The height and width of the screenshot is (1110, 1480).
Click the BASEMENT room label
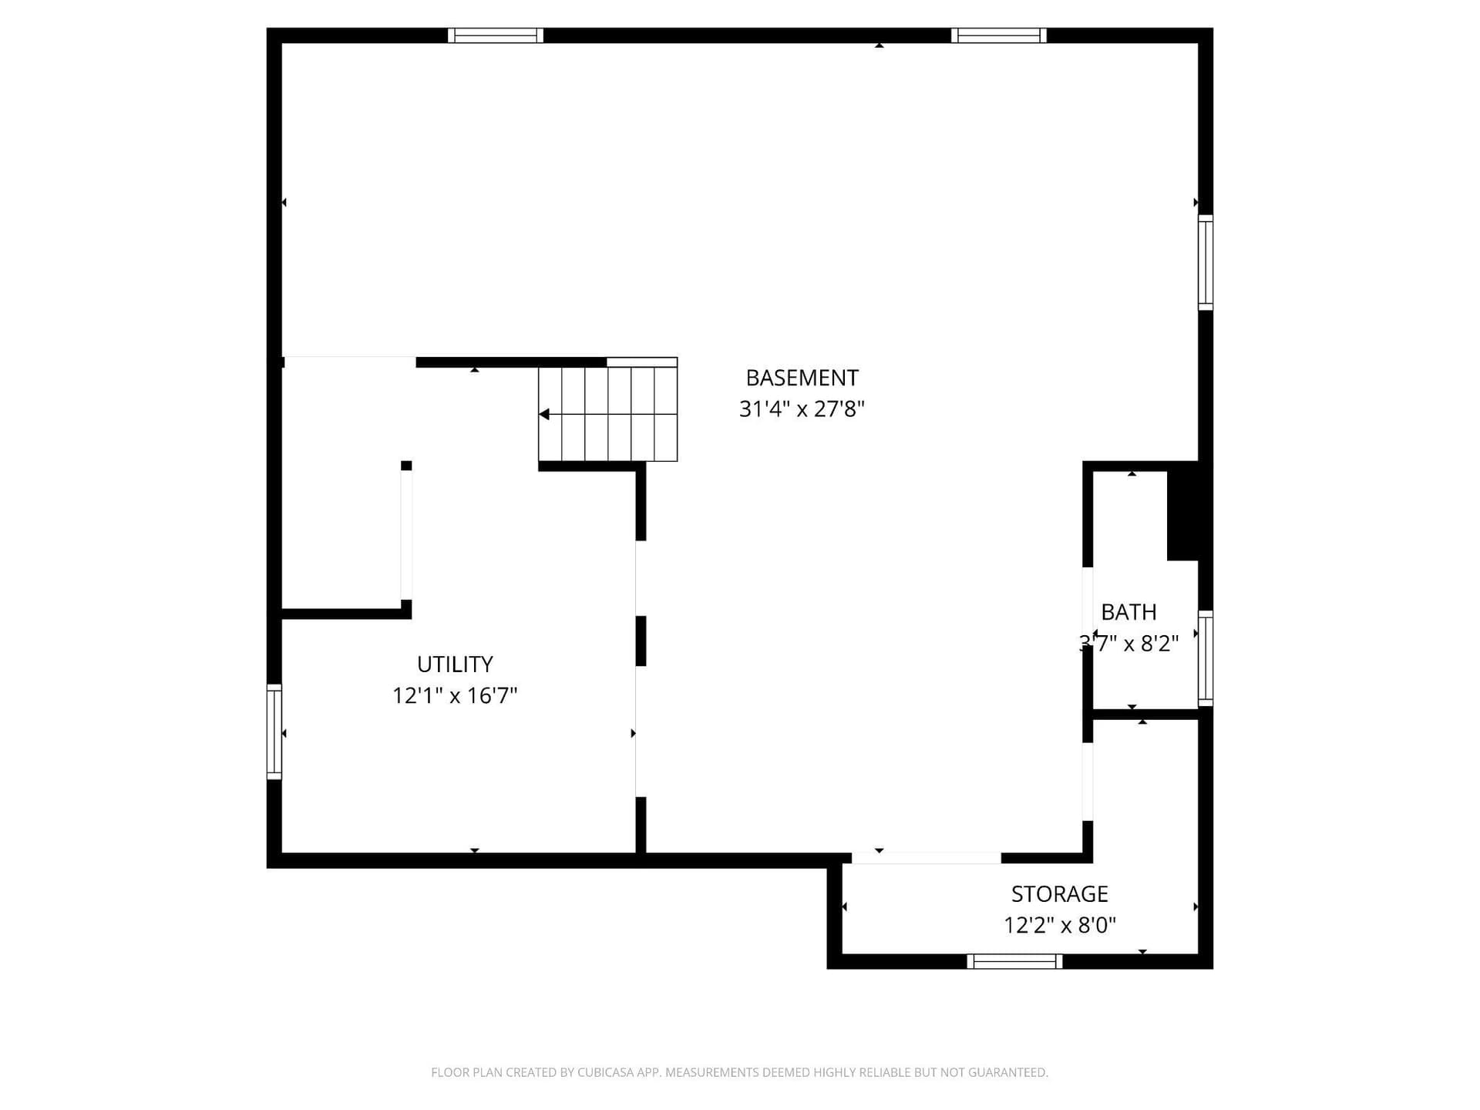pos(802,378)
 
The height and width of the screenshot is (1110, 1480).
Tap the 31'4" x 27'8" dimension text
pos(802,409)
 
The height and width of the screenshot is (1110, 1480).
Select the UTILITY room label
pos(455,664)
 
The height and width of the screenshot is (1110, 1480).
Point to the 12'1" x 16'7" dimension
pos(455,695)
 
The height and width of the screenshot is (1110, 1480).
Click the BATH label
pos(1128,612)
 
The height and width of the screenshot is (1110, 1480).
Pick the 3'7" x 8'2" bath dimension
pos(1128,643)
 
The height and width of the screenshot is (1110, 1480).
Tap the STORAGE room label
pos(1060,893)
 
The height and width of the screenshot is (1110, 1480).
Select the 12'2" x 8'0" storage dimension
pos(1060,924)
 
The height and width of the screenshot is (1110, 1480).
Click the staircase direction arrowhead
pos(543,414)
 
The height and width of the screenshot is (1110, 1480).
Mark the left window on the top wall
pos(496,35)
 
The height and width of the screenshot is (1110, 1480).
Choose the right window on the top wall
pos(999,35)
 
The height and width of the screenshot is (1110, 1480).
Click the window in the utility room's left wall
pos(274,732)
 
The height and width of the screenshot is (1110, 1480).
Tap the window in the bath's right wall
pos(1206,658)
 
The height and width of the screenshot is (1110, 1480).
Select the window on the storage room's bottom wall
pos(1015,961)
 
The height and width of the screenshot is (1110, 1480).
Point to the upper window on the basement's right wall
pos(1206,263)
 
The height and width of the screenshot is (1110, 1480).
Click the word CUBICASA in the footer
pos(604,1072)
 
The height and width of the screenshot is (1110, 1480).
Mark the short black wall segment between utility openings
pos(641,641)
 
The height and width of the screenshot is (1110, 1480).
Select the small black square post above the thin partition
pos(406,466)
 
